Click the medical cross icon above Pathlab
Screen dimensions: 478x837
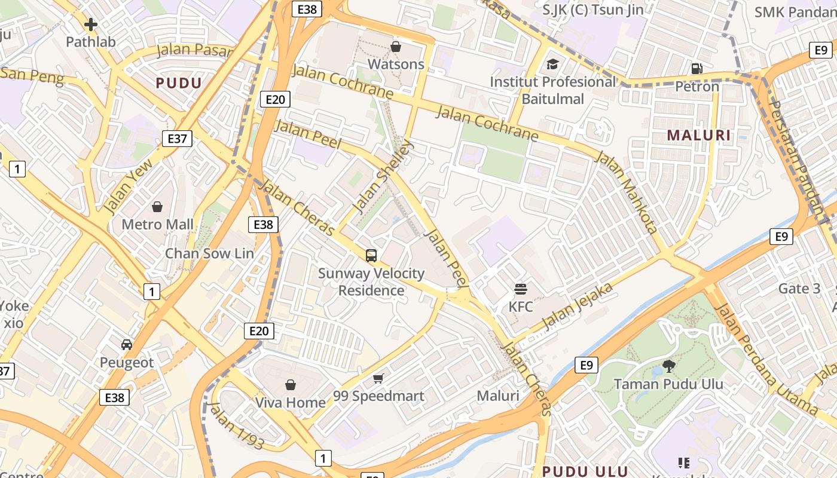pyautogui.click(x=91, y=24)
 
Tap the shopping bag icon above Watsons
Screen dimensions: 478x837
pyautogui.click(x=395, y=47)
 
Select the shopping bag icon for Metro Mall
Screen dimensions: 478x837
pyautogui.click(x=157, y=207)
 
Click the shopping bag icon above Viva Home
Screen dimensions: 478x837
pyautogui.click(x=291, y=384)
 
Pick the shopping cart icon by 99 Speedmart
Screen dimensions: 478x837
pyautogui.click(x=378, y=378)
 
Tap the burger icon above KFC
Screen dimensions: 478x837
pyautogui.click(x=521, y=289)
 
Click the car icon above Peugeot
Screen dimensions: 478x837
pyautogui.click(x=127, y=345)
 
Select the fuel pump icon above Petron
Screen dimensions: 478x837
pyautogui.click(x=697, y=69)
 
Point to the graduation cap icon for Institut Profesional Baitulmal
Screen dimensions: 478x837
pyautogui.click(x=552, y=64)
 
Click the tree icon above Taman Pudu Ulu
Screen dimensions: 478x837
pyautogui.click(x=668, y=366)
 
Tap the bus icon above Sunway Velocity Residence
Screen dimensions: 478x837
pyautogui.click(x=371, y=256)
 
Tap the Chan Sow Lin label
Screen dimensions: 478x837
pyautogui.click(x=209, y=253)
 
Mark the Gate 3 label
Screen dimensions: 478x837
pyautogui.click(x=799, y=289)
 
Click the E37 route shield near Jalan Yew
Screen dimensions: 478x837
pyautogui.click(x=177, y=139)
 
